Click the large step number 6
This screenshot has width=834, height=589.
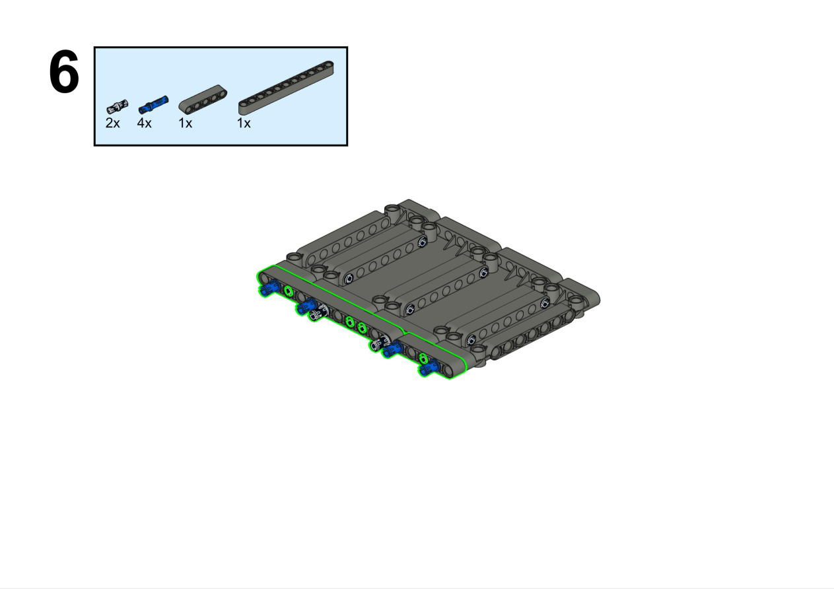64,72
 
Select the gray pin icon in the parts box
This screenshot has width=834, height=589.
118,106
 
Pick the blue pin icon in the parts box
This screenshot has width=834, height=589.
153,104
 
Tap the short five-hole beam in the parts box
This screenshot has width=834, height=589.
203,99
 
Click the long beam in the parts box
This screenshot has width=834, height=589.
286,88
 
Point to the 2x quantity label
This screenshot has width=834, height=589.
113,123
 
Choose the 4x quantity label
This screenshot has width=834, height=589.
145,123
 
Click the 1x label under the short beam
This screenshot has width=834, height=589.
186,123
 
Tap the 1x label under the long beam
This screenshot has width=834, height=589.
244,123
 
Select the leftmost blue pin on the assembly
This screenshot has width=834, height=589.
270,287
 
